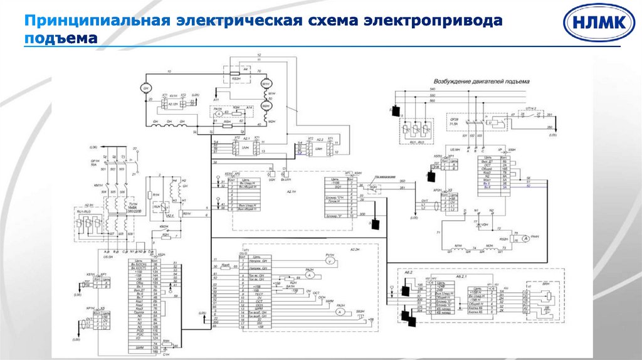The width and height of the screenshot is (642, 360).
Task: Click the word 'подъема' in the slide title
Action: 61,38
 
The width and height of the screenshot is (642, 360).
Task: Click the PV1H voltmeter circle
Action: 329,263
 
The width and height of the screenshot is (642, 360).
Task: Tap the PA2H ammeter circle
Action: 309,275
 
